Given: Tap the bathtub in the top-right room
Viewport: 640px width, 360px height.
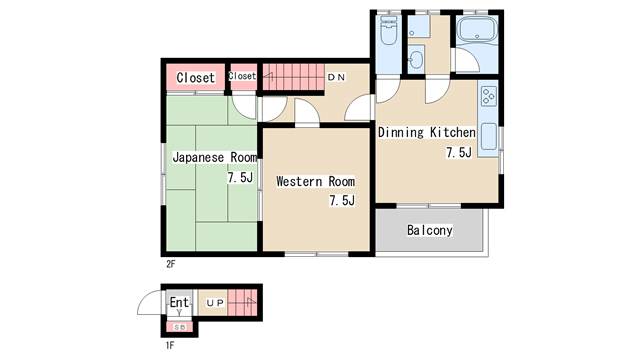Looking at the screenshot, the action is pos(477,29).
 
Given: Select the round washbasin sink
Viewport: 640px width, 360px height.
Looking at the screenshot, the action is pos(416,60).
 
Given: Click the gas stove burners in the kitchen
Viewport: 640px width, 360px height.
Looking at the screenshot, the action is pos(489,96).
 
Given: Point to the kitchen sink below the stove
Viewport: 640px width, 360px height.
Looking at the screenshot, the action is pos(489,137).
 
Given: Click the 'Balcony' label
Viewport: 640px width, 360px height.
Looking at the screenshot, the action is pos(430,230).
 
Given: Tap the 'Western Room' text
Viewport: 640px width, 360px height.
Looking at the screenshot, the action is pos(316,181).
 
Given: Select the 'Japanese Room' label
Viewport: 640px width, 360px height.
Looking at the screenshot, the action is pos(215,157).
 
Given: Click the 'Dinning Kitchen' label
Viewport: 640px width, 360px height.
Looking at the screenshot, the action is pos(427,132).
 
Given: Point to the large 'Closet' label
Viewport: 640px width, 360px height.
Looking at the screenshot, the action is pos(196,78).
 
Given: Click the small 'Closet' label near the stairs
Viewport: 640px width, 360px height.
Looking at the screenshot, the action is pos(242,76).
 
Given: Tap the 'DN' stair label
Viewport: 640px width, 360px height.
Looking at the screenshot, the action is pos(337,77).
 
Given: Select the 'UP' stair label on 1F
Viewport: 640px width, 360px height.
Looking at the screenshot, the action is pos(215,303).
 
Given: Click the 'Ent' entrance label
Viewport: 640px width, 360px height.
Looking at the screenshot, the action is pos(179,302).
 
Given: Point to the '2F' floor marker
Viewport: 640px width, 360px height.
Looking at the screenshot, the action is pos(171,264).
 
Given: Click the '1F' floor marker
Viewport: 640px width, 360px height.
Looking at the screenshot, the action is pos(170,345).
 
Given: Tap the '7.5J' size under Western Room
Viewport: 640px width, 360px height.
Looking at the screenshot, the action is pos(342,200).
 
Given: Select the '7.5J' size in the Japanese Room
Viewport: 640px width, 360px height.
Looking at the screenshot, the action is pos(240,178).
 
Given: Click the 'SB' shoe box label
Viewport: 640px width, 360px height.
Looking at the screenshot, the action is pos(180,327).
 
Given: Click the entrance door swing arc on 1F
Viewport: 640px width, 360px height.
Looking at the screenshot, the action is pos(144,297).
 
